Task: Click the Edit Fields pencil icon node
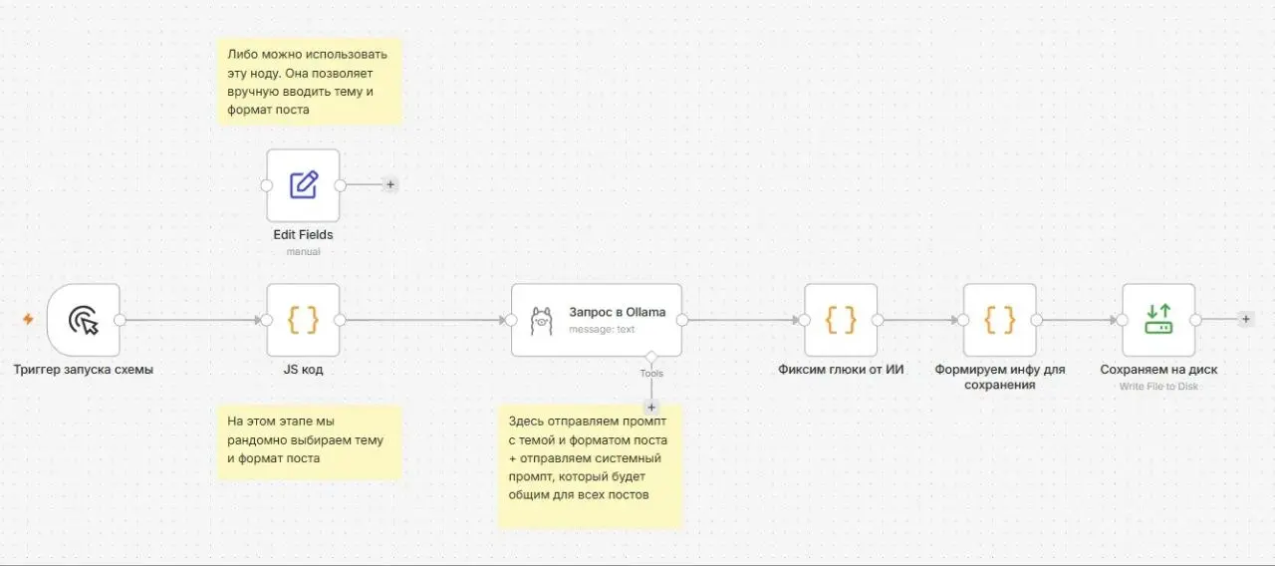pos(303,185)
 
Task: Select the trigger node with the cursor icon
pos(84,320)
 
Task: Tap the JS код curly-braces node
pos(303,320)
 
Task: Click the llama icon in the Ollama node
pos(541,321)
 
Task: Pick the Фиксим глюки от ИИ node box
pos(841,320)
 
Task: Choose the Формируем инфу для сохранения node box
pos(999,320)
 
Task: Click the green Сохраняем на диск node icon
pos(1158,320)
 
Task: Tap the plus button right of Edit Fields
pos(390,184)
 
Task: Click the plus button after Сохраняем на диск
pos(1246,319)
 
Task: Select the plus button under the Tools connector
pos(651,408)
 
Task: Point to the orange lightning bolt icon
pos(28,319)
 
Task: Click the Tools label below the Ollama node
pos(651,374)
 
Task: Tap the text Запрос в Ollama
pos(617,312)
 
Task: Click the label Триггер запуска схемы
pos(83,370)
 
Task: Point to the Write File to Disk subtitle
pos(1158,386)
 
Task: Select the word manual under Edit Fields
pos(303,252)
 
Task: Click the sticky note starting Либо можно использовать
pos(310,82)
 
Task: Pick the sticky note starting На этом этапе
pos(310,441)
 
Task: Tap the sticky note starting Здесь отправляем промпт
pos(590,465)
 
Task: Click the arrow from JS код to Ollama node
pos(425,320)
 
